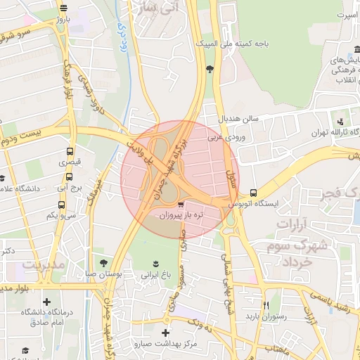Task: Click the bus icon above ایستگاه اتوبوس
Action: point(253,192)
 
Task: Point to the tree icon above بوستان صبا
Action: point(104,262)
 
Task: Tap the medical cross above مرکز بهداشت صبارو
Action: point(166,332)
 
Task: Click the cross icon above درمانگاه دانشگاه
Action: point(46,301)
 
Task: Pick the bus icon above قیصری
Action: point(69,151)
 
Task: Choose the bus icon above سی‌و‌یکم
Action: point(61,205)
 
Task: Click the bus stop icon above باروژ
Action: point(64,8)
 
